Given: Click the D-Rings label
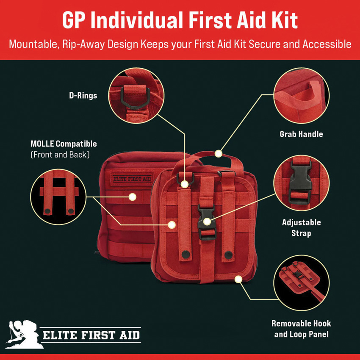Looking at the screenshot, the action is pyautogui.click(x=83, y=96).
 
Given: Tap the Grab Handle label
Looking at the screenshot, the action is pyautogui.click(x=301, y=134).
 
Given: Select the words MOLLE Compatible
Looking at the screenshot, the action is pyautogui.click(x=64, y=144).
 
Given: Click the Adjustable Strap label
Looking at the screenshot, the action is pyautogui.click(x=301, y=228).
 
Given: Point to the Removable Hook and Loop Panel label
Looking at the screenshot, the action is pyautogui.click(x=301, y=329).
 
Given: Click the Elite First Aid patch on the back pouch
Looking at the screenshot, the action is pyautogui.click(x=132, y=179).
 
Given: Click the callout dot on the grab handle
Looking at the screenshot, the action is pyautogui.click(x=219, y=154).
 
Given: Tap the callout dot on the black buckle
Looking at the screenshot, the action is pyautogui.click(x=207, y=222).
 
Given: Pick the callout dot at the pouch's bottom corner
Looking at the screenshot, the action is pyautogui.click(x=238, y=279).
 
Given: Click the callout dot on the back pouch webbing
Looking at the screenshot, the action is pyautogui.click(x=133, y=197).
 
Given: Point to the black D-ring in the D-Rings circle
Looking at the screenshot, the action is pyautogui.click(x=135, y=97).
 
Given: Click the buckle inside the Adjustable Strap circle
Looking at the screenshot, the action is pyautogui.click(x=301, y=182).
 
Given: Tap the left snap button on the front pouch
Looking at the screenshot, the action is pyautogui.click(x=186, y=254).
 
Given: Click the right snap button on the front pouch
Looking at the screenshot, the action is pyautogui.click(x=228, y=255).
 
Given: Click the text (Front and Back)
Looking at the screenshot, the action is pyautogui.click(x=60, y=155).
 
